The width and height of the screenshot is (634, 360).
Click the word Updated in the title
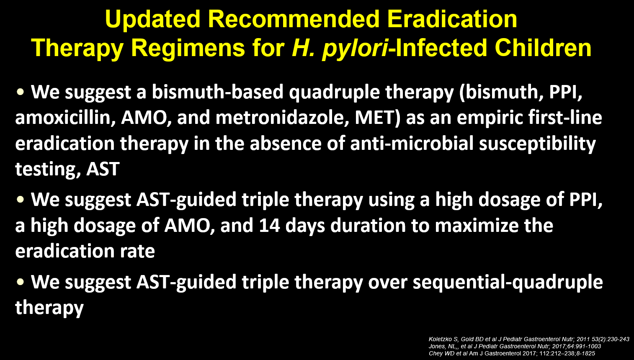tap(153, 19)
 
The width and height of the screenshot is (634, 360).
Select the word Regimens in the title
tap(188, 49)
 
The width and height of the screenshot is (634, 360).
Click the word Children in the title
tap(543, 48)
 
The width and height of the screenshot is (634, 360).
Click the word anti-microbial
tap(412, 143)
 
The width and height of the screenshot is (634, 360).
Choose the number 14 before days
tap(269, 226)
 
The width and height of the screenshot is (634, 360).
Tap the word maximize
tap(476, 226)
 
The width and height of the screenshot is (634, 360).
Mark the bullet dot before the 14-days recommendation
tap(21, 200)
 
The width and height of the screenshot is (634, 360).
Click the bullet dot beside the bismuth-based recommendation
tap(21, 92)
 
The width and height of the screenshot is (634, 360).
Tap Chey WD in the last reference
tap(441, 353)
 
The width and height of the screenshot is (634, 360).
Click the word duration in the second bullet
tap(367, 226)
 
